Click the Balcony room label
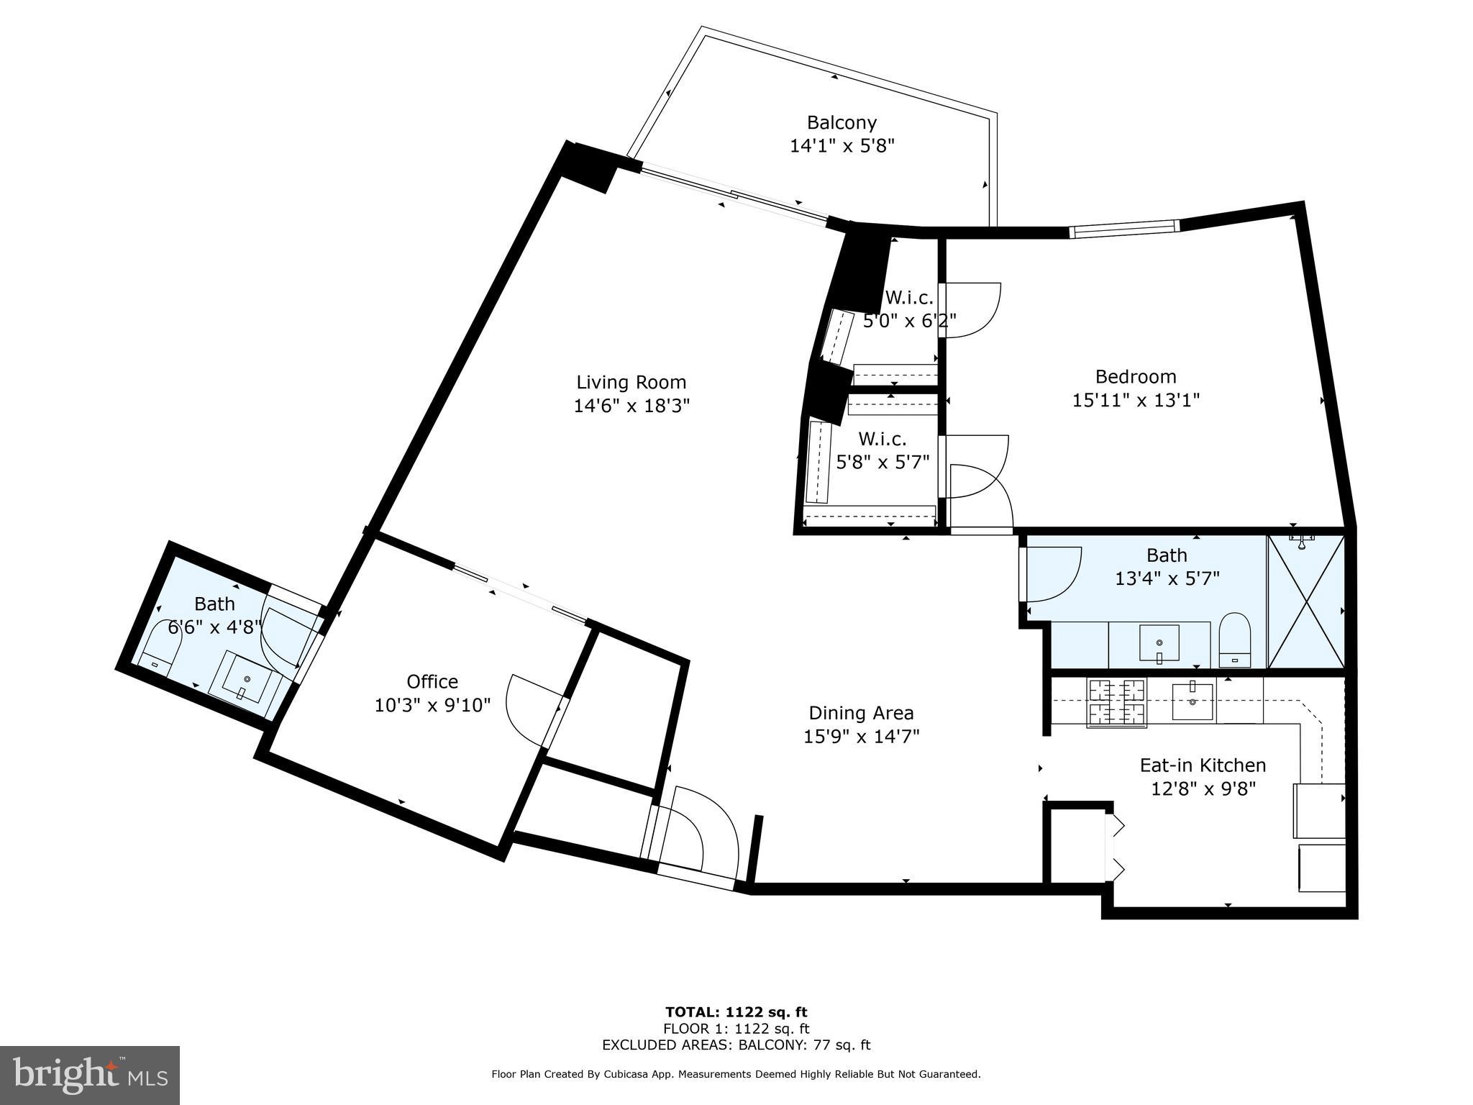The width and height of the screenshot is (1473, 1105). click(x=841, y=122)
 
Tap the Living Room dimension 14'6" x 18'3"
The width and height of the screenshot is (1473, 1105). click(x=631, y=406)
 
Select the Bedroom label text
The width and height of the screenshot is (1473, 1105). click(x=1135, y=376)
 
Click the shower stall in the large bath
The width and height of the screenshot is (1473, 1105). click(x=1305, y=601)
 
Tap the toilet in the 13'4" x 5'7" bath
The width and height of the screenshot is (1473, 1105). click(x=1235, y=640)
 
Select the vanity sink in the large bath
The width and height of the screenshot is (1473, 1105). click(x=1159, y=642)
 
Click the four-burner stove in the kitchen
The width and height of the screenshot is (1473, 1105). click(x=1116, y=702)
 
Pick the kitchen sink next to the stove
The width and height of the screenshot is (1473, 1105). click(x=1192, y=701)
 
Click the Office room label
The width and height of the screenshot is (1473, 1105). click(x=432, y=681)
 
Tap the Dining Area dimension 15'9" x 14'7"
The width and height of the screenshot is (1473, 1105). click(x=861, y=736)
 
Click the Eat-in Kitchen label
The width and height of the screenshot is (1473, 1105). click(x=1203, y=765)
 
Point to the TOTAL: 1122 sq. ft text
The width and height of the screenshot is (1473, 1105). click(x=736, y=1012)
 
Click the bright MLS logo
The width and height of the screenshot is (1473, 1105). click(x=89, y=1075)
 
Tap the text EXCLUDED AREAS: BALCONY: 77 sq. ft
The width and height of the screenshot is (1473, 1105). click(x=736, y=1045)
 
